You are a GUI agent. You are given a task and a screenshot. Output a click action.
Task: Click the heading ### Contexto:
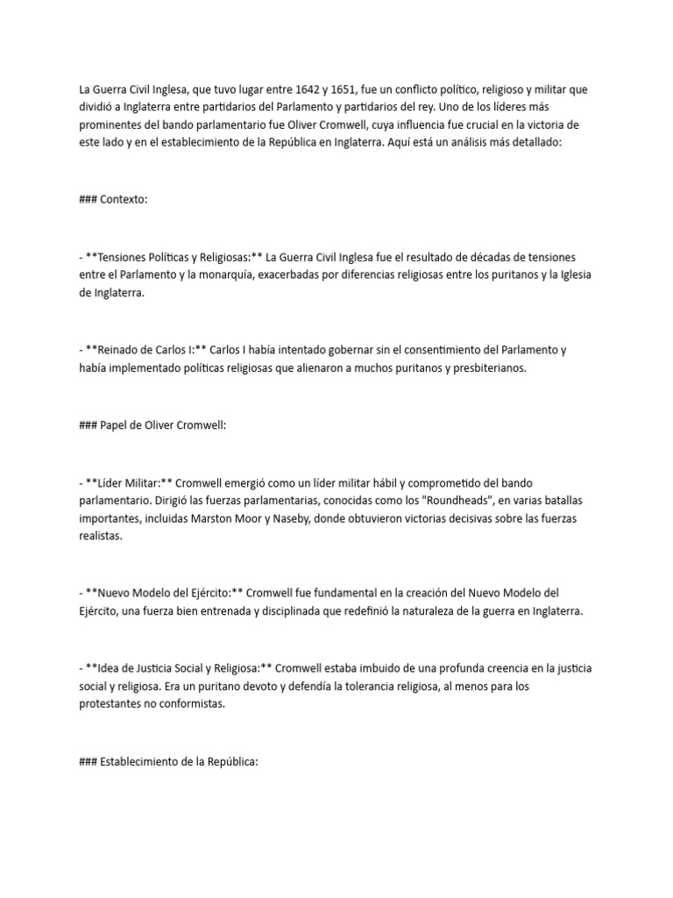(113, 199)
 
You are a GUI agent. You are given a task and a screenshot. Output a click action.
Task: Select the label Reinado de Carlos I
(145, 350)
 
